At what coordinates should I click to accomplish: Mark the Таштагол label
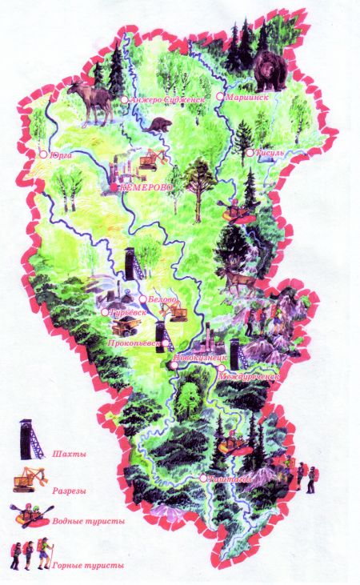[230, 479]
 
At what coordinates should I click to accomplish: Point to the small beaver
[159, 127]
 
